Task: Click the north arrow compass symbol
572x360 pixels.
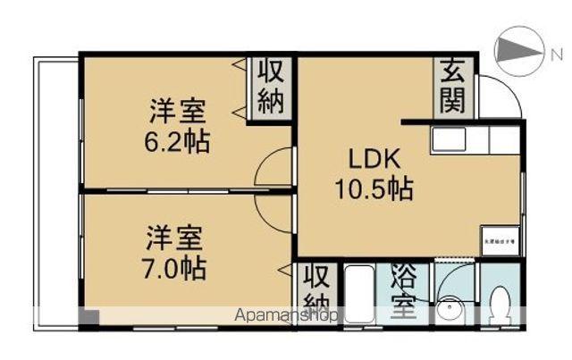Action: point(519,51)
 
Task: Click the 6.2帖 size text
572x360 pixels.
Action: point(179,141)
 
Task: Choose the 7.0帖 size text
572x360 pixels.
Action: point(176,266)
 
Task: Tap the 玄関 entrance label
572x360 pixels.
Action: point(452,87)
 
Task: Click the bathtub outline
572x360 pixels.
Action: point(361,295)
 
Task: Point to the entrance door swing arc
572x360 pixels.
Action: point(500,95)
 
